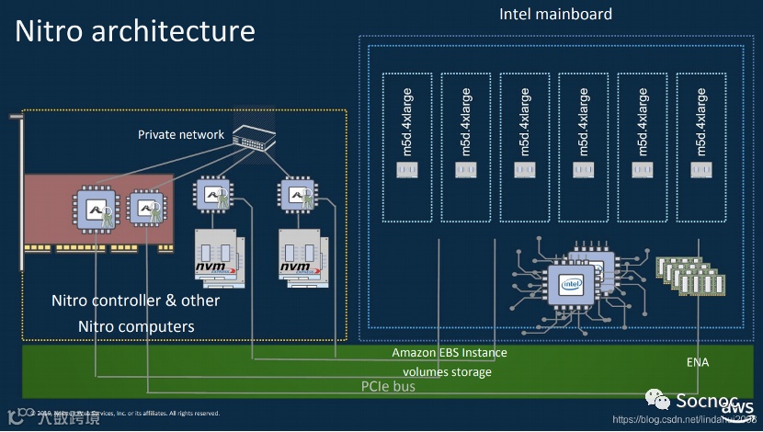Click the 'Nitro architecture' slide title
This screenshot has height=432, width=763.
click(x=135, y=31)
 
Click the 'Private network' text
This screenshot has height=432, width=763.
click(x=181, y=134)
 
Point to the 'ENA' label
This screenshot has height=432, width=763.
click(x=698, y=362)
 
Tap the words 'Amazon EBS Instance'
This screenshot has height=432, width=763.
click(x=450, y=353)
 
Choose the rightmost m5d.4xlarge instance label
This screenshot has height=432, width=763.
click(x=700, y=121)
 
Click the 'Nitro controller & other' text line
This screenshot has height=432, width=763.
click(x=135, y=301)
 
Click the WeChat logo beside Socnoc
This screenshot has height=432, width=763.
click(x=657, y=401)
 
